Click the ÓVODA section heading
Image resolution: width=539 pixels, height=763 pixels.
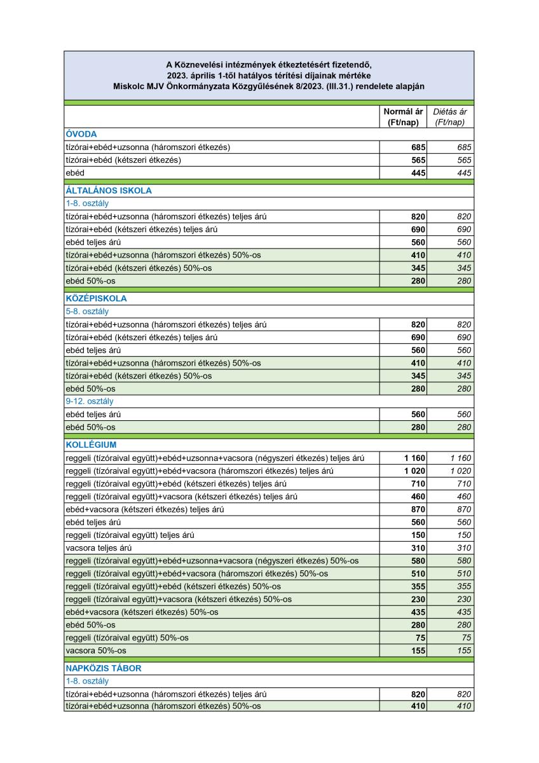(x=81, y=134)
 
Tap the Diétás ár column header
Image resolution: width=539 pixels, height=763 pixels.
(x=450, y=116)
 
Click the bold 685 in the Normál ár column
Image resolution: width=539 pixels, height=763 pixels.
(x=418, y=148)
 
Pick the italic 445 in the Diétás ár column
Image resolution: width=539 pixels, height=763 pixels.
(x=465, y=173)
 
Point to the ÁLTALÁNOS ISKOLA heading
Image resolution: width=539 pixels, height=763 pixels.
(x=109, y=190)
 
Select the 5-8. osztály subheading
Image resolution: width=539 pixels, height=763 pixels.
(x=88, y=312)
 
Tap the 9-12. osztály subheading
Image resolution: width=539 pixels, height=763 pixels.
(x=90, y=401)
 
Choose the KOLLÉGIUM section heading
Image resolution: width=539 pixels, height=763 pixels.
(x=91, y=444)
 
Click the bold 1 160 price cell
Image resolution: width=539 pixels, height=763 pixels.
(x=414, y=458)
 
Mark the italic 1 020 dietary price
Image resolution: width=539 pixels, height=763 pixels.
(x=461, y=471)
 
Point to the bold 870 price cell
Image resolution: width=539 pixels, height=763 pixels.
(x=418, y=509)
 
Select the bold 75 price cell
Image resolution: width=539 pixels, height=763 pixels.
(x=420, y=637)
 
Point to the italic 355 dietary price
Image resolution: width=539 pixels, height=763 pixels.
(x=465, y=586)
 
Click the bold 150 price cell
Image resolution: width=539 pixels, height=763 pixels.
(x=418, y=535)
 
